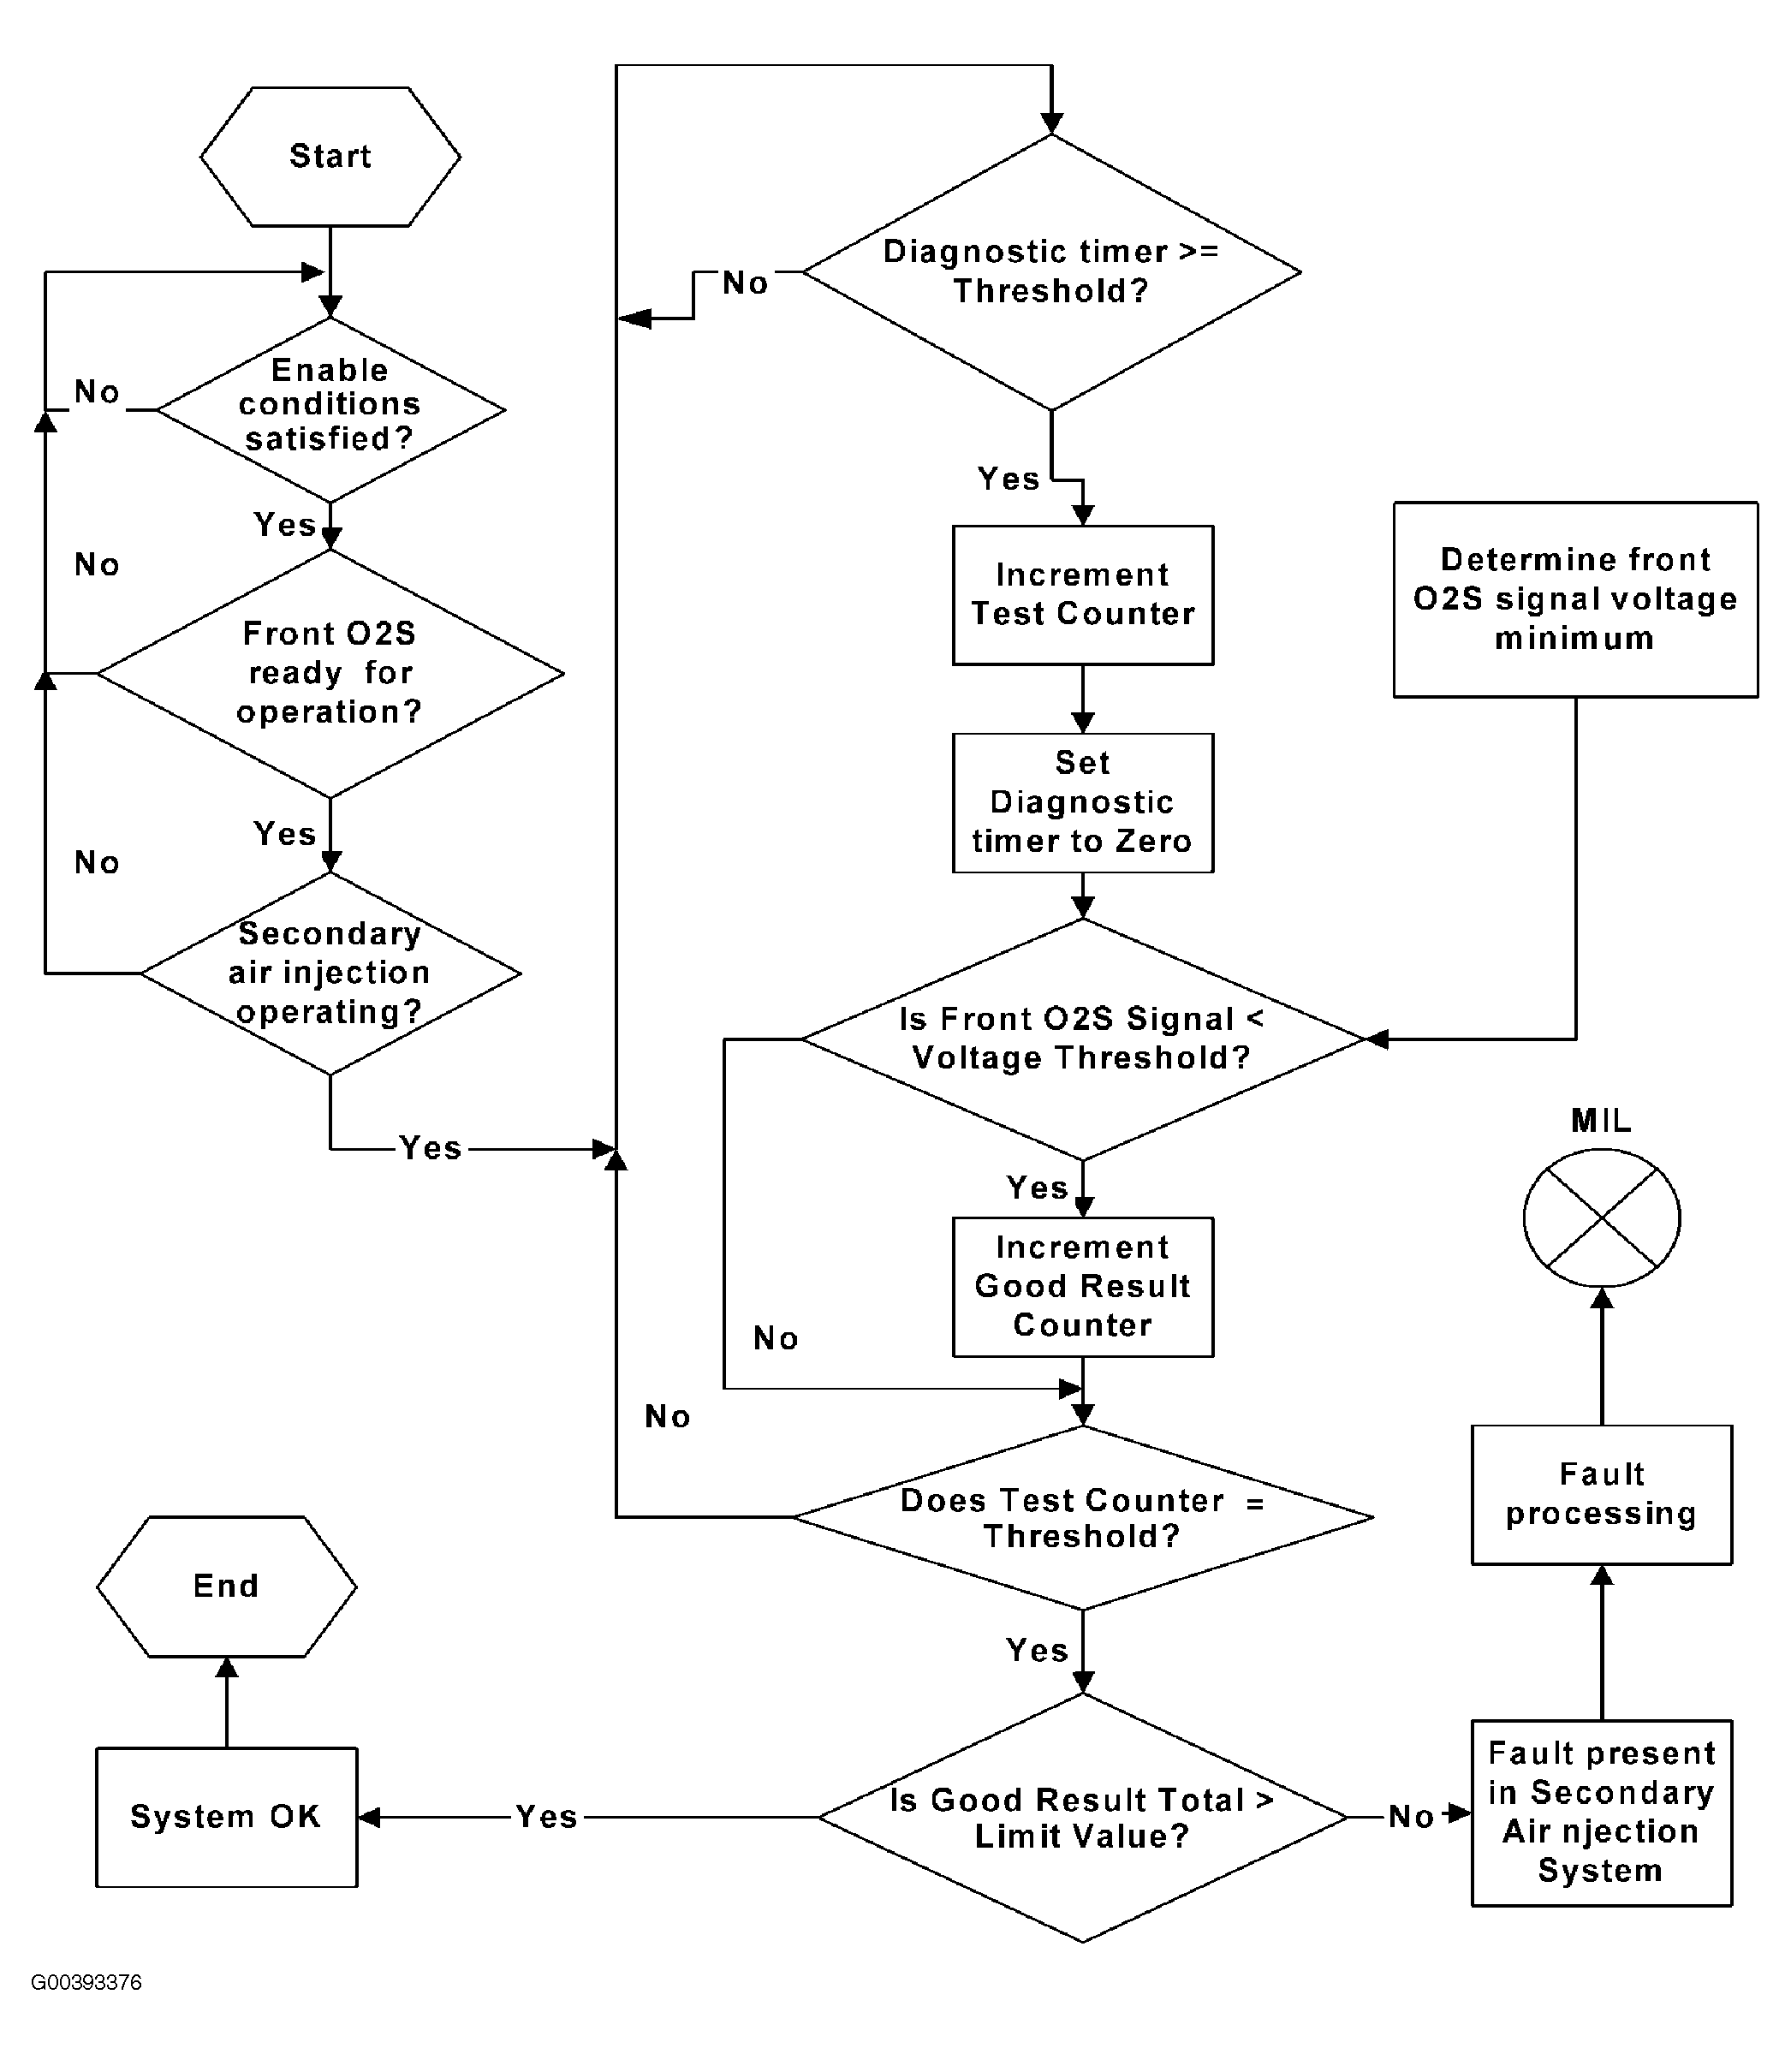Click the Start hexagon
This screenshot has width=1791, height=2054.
(330, 157)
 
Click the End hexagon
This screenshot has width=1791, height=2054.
(227, 1587)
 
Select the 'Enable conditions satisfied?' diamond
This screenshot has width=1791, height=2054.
(330, 410)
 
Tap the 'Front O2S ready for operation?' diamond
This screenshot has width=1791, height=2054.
(330, 674)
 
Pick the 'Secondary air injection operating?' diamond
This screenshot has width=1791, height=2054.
(330, 973)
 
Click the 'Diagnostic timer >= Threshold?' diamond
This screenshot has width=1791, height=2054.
(1051, 272)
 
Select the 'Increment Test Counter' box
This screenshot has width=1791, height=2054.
(1083, 595)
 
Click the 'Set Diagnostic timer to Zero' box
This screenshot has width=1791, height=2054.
(1083, 802)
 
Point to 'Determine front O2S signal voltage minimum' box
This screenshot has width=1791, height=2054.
(1576, 599)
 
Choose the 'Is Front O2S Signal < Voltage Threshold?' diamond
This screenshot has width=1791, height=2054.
(1083, 1039)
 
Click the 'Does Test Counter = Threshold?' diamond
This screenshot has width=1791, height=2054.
(1083, 1517)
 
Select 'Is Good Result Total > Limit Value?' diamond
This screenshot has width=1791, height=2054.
(1083, 1817)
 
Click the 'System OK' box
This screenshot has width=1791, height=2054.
(227, 1817)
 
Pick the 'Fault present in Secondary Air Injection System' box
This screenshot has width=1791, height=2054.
(1602, 1813)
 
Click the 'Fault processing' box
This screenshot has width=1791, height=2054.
(1602, 1494)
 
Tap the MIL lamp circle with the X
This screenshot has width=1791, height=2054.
(1602, 1218)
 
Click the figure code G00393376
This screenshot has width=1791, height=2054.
(86, 1982)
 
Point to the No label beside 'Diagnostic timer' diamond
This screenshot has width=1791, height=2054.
(746, 283)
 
